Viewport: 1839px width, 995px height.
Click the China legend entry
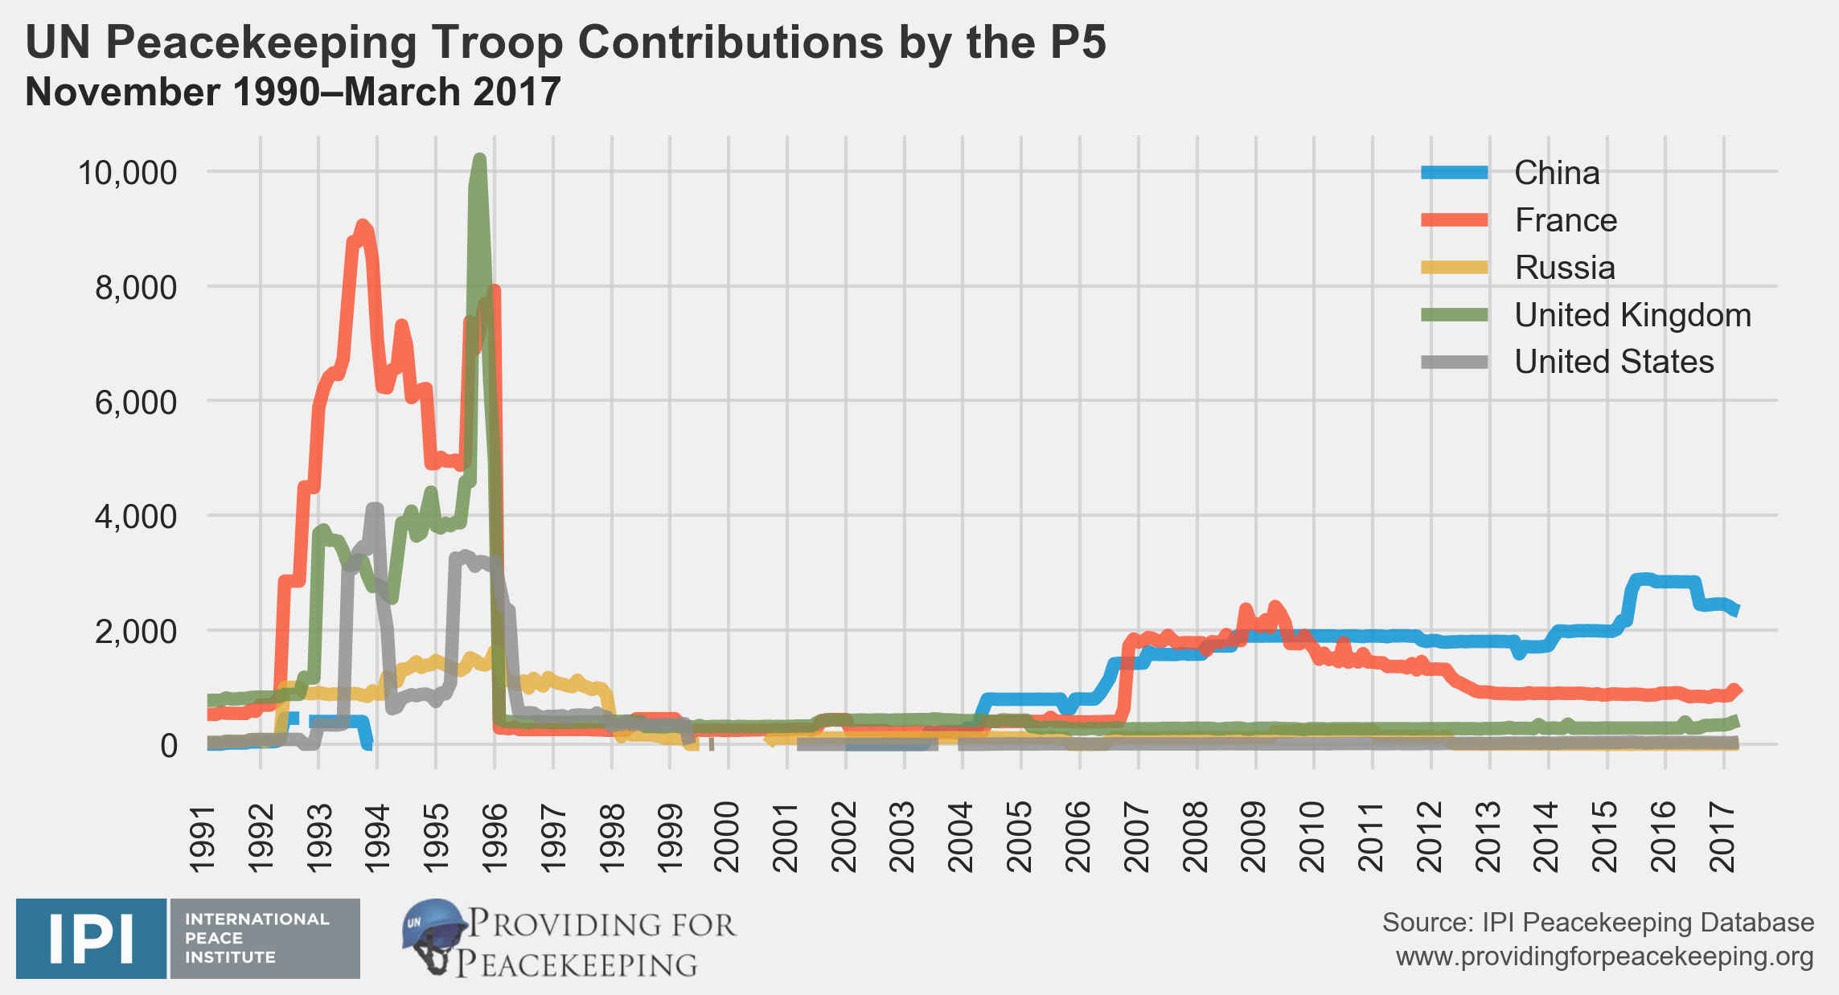click(x=1556, y=173)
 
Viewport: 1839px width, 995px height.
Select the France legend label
click(x=1565, y=220)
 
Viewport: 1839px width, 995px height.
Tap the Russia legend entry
click(x=1564, y=268)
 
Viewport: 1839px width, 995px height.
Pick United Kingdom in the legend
click(x=1632, y=315)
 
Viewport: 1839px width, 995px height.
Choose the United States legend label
click(x=1613, y=362)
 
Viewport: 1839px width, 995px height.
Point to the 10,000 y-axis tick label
click(x=127, y=172)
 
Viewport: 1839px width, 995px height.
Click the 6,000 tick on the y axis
click(x=135, y=402)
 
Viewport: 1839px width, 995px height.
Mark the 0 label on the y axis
click(x=169, y=746)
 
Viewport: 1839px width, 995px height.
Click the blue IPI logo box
click(x=91, y=938)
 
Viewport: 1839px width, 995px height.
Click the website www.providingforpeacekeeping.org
click(x=1604, y=956)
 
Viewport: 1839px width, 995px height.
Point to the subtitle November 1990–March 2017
click(x=293, y=92)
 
